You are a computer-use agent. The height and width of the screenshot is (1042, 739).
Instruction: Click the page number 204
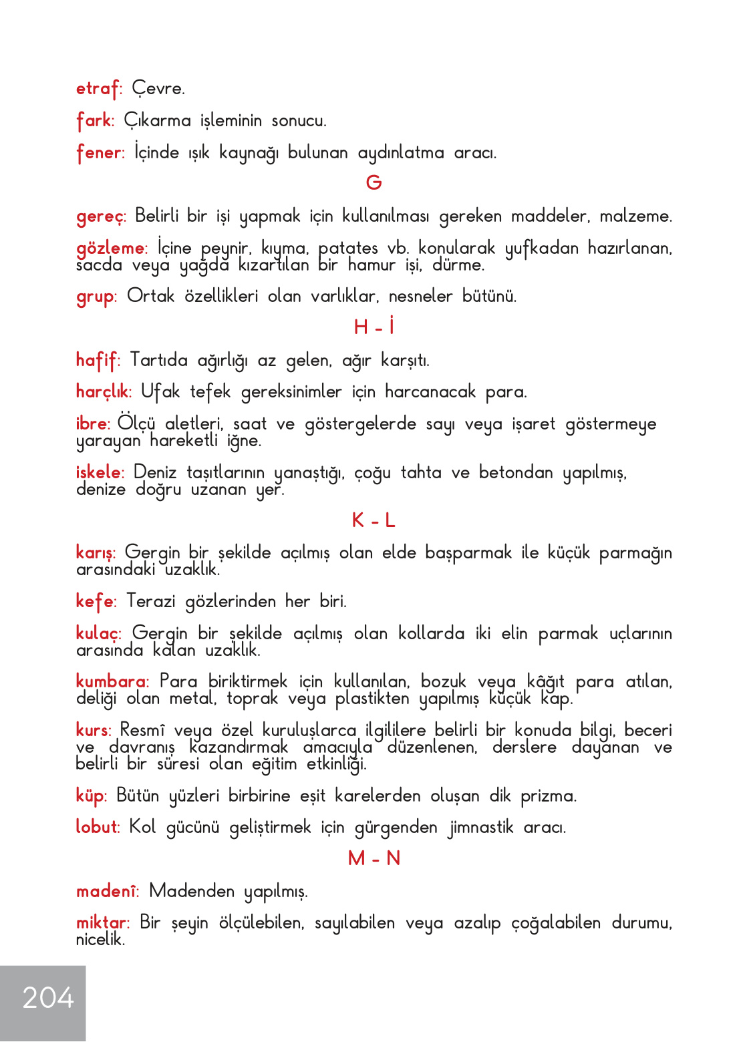48,998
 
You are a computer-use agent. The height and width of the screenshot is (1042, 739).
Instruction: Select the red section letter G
374,182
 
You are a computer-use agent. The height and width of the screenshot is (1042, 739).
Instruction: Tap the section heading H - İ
374,327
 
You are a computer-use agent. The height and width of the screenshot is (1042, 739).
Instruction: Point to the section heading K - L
374,520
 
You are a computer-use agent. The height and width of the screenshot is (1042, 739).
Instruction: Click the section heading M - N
374,858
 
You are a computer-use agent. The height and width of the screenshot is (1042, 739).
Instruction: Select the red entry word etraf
98,89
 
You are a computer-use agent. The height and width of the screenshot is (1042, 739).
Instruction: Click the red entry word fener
99,153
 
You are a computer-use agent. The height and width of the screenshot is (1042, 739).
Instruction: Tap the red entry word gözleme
110,248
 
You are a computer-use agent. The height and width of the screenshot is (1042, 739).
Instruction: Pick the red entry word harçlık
102,392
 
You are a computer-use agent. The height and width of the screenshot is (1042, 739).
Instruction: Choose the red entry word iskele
98,473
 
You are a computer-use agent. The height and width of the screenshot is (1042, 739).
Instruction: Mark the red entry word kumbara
111,682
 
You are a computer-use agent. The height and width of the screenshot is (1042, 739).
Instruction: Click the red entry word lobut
96,827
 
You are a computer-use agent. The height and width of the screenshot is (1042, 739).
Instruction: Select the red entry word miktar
102,923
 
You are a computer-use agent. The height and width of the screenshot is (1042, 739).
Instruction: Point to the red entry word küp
90,796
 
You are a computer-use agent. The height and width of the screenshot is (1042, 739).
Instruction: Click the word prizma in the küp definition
548,796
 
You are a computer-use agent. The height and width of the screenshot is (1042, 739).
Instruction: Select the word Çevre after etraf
158,89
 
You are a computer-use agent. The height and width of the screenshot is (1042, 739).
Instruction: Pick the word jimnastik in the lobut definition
480,828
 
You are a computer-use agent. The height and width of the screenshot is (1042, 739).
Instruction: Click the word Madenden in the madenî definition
192,891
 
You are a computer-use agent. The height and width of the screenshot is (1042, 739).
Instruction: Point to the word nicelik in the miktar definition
100,940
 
